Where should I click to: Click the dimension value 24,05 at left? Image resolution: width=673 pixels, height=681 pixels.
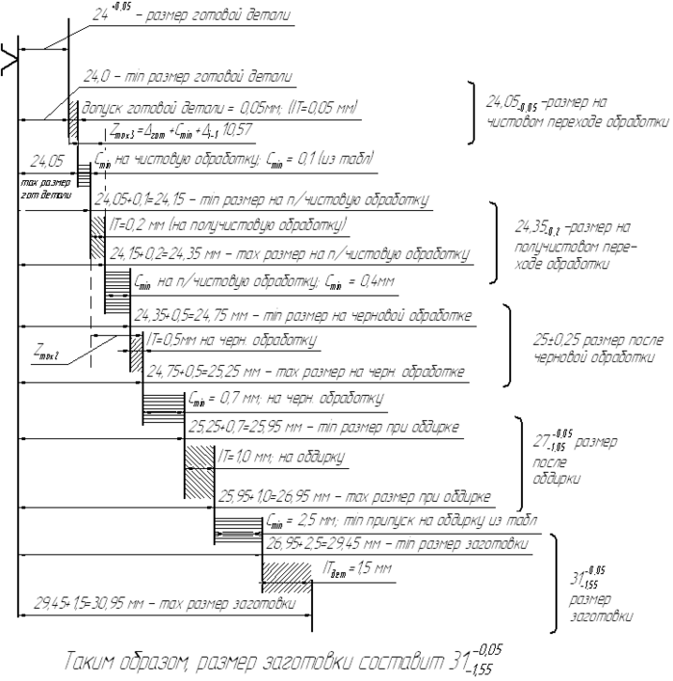[x=47, y=161]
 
